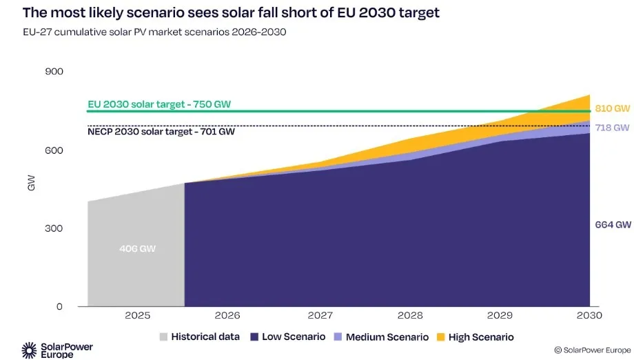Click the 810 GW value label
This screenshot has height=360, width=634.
point(613,109)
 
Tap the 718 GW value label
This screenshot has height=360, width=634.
point(613,128)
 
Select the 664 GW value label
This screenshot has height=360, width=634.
point(613,225)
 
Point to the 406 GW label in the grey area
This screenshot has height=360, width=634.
point(137,248)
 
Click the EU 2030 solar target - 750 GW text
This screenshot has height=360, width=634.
point(159,104)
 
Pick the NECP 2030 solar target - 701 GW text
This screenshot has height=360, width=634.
point(161,132)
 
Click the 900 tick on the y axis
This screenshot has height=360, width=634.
point(54,72)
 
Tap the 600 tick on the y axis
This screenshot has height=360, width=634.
point(54,150)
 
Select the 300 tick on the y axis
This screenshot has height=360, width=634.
point(54,228)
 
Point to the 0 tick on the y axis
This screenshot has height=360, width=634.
point(59,307)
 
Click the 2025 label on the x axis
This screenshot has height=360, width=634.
point(137,316)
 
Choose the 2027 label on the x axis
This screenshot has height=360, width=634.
point(319,316)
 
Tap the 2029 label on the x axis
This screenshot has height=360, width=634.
point(500,316)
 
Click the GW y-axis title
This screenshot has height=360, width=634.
point(31,185)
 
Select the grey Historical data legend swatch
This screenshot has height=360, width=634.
point(163,337)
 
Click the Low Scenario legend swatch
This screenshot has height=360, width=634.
point(255,337)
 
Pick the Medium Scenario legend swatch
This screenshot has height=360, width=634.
point(338,337)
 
